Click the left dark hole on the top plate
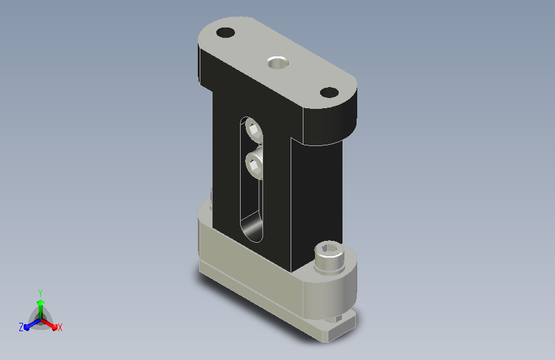(x=225, y=33)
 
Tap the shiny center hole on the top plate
(x=278, y=63)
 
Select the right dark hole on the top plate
(x=329, y=92)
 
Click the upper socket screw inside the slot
(x=254, y=129)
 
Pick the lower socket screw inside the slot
(x=254, y=165)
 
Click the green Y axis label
(x=40, y=293)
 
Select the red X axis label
(x=60, y=328)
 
